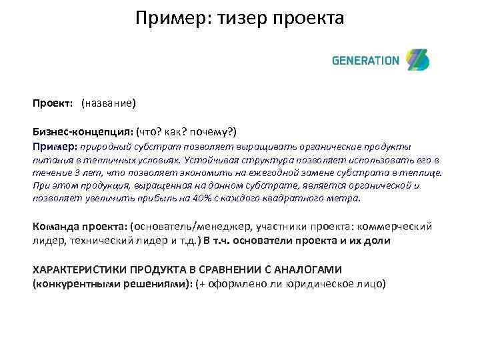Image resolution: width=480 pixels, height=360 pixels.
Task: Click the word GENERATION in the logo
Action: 365,61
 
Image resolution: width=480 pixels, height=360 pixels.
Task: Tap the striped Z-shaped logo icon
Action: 418,60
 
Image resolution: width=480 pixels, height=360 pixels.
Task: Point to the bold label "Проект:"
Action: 53,103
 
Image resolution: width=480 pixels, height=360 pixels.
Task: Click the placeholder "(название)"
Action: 109,103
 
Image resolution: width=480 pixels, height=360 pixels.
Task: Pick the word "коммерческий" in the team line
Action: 398,226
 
